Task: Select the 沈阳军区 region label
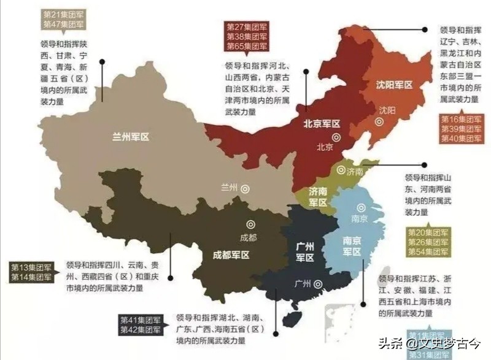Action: tap(394, 85)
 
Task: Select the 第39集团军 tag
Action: tap(461, 129)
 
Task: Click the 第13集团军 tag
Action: tap(31, 267)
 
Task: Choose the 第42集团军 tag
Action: tap(141, 330)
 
